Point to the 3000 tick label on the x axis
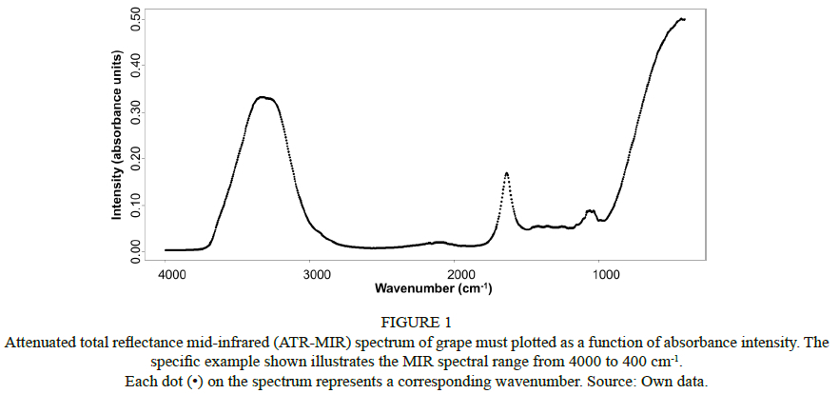pyautogui.click(x=316, y=275)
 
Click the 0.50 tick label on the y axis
pyautogui.click(x=137, y=19)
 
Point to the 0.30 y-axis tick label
pyautogui.click(x=137, y=111)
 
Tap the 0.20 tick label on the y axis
pyautogui.click(x=137, y=158)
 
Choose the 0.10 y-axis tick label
pyautogui.click(x=137, y=204)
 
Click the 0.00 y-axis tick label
pyautogui.click(x=137, y=249)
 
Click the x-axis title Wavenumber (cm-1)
pyautogui.click(x=433, y=287)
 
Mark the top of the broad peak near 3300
pyautogui.click(x=265, y=97)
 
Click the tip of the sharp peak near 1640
pyautogui.click(x=506, y=173)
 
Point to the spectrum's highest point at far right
pyautogui.click(x=681, y=18)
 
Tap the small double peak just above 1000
pyautogui.click(x=591, y=210)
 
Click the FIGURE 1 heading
pyautogui.click(x=419, y=320)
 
